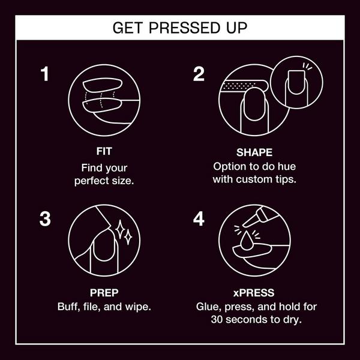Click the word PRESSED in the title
pyautogui.click(x=184, y=28)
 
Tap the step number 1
pyautogui.click(x=44, y=74)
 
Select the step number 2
pyautogui.click(x=199, y=74)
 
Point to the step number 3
pyautogui.click(x=45, y=219)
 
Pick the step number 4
pyautogui.click(x=199, y=218)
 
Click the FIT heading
pyautogui.click(x=104, y=151)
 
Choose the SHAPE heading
pyautogui.click(x=254, y=152)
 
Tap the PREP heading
pyautogui.click(x=104, y=293)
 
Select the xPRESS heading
pyautogui.click(x=254, y=293)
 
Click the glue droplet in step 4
pyautogui.click(x=247, y=241)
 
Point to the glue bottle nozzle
pyautogui.click(x=251, y=219)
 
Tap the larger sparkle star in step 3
pyautogui.click(x=120, y=229)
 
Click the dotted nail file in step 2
pyautogui.click(x=244, y=85)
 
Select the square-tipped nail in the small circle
pyautogui.click(x=296, y=82)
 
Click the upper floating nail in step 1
pyautogui.click(x=103, y=85)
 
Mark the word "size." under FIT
pyautogui.click(x=123, y=181)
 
